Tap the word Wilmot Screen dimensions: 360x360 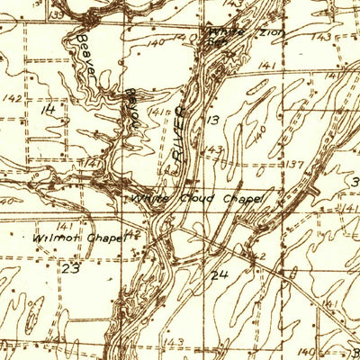pos(50,238)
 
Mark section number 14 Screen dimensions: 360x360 pos(48,108)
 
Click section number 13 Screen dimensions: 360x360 pos(213,119)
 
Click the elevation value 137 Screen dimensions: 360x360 pos(295,164)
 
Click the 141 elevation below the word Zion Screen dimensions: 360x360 pos(265,65)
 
